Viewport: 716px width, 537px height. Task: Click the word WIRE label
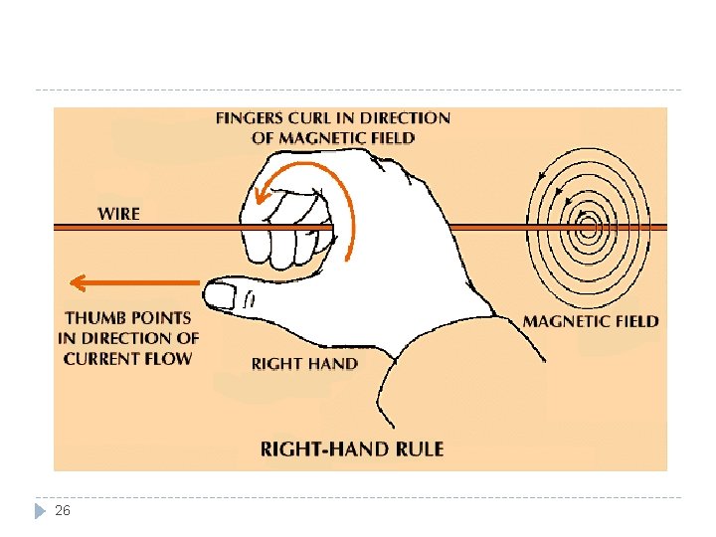(118, 213)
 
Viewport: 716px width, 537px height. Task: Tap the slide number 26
(63, 510)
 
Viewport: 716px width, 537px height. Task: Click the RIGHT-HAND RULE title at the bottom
(351, 449)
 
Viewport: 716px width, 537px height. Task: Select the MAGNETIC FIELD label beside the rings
(591, 321)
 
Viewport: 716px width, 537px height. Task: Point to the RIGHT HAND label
(304, 364)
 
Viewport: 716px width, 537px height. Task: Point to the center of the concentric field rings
(588, 228)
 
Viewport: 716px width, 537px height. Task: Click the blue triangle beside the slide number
(39, 510)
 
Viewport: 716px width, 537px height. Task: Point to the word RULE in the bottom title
(420, 449)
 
